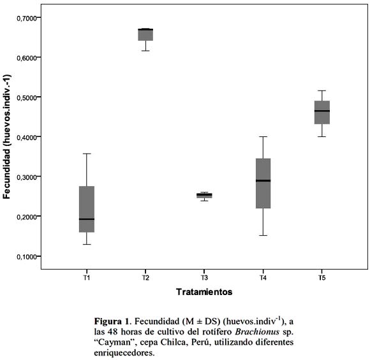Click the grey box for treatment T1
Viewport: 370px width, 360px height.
pos(87,209)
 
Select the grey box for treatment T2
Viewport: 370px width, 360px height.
pos(145,34)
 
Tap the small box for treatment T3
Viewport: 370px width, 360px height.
pos(204,196)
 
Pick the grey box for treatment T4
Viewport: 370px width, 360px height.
pos(263,183)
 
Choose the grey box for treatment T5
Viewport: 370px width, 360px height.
pos(322,112)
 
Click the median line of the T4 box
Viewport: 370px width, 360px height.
pos(263,180)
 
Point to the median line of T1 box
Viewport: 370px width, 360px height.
pos(87,219)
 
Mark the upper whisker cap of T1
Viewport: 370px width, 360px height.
pos(87,154)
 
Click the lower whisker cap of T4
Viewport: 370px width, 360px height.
pos(263,235)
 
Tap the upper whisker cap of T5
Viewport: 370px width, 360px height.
pos(322,90)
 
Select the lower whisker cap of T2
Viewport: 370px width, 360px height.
pos(145,51)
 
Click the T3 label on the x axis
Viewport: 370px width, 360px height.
pos(204,278)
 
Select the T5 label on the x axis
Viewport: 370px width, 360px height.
pos(322,278)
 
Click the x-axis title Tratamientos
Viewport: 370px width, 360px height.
pos(204,292)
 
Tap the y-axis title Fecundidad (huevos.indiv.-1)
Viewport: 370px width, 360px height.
pos(7,136)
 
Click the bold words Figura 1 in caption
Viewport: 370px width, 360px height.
pos(111,321)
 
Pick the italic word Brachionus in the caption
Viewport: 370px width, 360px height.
pos(257,332)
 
